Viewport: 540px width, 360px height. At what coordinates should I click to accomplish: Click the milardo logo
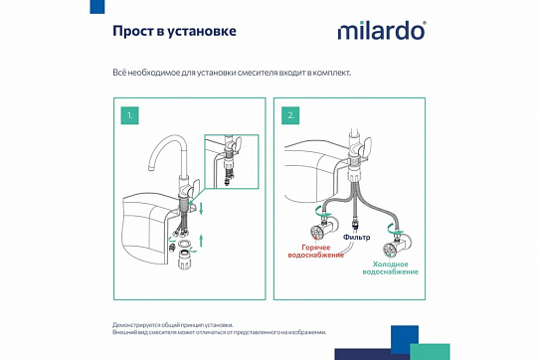pyautogui.click(x=380, y=31)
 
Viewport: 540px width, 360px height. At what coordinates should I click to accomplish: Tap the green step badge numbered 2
pyautogui.click(x=291, y=115)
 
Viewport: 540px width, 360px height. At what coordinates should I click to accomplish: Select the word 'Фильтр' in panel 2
pyautogui.click(x=358, y=237)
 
